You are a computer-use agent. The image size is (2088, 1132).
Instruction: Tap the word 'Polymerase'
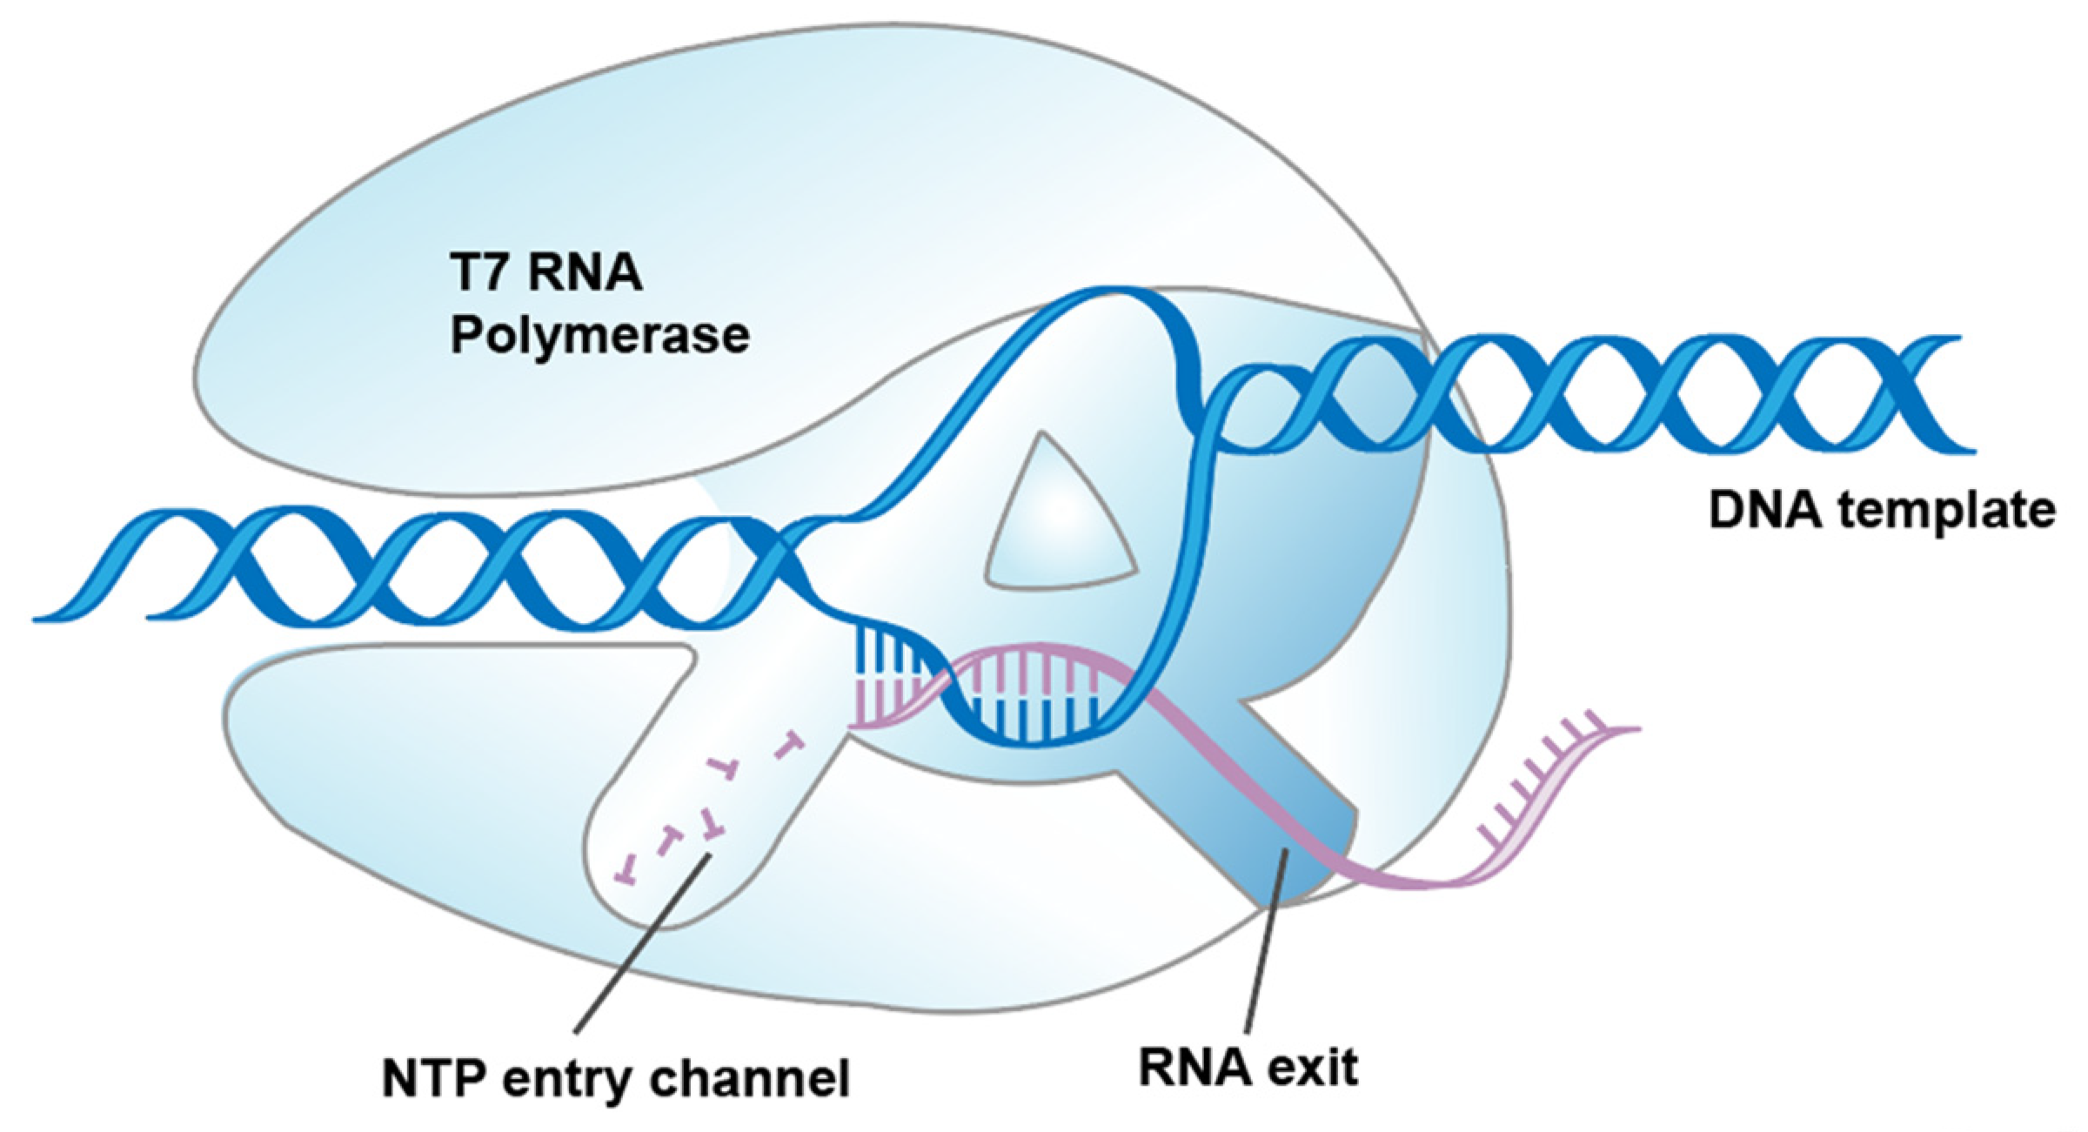pos(599,335)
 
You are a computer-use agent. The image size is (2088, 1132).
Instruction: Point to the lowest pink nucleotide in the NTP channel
pos(625,872)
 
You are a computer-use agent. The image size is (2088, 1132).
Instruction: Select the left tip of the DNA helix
pos(39,617)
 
